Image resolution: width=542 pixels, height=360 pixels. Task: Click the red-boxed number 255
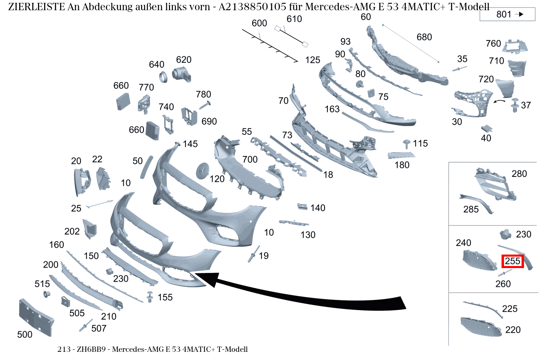point(513,261)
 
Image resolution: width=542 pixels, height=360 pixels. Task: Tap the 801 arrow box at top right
point(507,14)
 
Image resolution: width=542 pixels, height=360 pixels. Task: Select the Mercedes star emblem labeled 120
point(202,171)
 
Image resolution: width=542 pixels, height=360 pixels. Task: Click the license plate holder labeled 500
point(36,318)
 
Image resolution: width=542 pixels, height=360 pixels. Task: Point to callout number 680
point(424,37)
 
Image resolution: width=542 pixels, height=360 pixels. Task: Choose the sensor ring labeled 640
point(163,77)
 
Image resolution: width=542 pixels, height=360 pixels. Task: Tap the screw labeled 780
point(205,105)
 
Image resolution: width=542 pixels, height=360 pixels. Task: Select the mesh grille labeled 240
point(479,261)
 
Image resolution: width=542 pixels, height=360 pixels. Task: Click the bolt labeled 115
point(406,144)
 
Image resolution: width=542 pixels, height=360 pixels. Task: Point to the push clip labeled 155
point(150,297)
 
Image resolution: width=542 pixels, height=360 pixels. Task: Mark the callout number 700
point(250,159)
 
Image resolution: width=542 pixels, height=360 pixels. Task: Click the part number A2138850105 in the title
point(252,7)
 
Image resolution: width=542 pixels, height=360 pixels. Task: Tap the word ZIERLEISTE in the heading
point(37,7)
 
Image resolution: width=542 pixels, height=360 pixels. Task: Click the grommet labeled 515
point(47,294)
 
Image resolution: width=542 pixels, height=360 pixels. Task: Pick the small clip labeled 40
point(486,129)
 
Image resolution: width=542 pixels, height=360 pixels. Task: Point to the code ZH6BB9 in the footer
point(91,349)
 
